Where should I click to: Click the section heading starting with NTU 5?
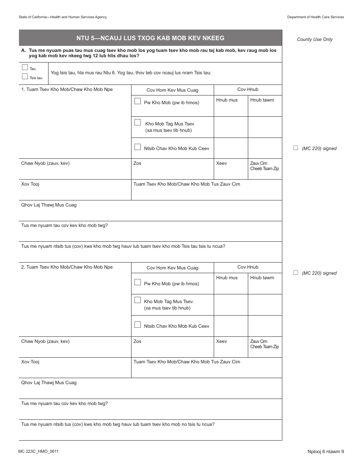point(150,38)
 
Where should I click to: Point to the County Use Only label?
point(315,39)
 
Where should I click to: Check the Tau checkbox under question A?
point(25,67)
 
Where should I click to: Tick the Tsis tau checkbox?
point(25,77)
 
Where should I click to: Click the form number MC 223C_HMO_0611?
point(38,451)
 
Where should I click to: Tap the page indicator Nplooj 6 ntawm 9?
point(326,451)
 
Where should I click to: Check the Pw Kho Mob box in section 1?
point(138,101)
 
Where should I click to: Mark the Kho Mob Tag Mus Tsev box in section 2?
point(138,300)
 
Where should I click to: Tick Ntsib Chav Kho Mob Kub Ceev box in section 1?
point(138,147)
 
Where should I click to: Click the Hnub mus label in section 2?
point(227,278)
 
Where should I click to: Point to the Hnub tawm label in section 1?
point(262,100)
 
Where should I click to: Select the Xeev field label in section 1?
point(221,163)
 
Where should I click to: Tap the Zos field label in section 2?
point(137,341)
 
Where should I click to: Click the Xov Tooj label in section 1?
point(30,184)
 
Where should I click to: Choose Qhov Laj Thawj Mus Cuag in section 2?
point(49,383)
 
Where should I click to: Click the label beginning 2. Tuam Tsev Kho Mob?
point(67,267)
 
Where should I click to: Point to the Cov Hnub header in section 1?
point(248,89)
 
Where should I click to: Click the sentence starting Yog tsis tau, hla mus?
point(131,73)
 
